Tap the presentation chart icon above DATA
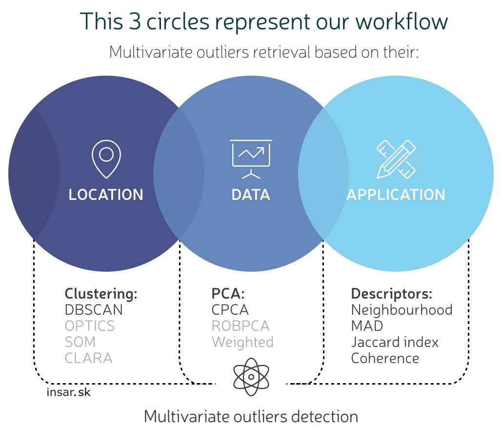click(251, 159)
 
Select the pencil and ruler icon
click(396, 159)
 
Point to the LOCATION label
click(106, 194)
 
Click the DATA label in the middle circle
click(251, 194)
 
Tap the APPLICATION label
click(396, 194)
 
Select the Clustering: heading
click(101, 294)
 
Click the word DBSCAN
click(94, 310)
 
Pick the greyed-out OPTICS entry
click(90, 326)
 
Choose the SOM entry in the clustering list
click(80, 342)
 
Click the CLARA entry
click(89, 358)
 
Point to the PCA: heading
click(228, 293)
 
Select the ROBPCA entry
click(241, 326)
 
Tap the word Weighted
click(242, 343)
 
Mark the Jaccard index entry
click(395, 342)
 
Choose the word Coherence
click(385, 358)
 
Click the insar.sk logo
click(68, 392)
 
